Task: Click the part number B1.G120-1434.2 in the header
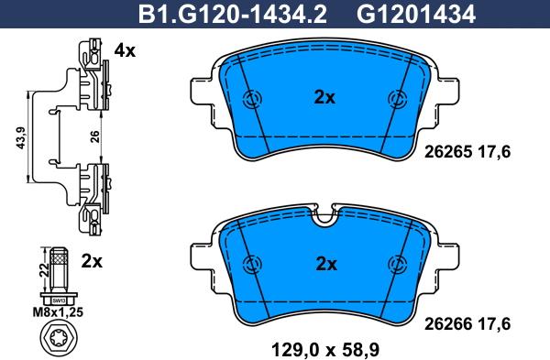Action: pyautogui.click(x=232, y=15)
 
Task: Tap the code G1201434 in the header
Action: pyautogui.click(x=416, y=15)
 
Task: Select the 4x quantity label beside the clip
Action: pyautogui.click(x=125, y=51)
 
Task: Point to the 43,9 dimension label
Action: pyautogui.click(x=21, y=137)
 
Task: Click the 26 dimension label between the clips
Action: pyautogui.click(x=94, y=136)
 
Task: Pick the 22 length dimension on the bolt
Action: pyautogui.click(x=43, y=270)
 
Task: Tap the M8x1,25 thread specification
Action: pyautogui.click(x=58, y=312)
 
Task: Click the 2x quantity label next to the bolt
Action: pyautogui.click(x=92, y=261)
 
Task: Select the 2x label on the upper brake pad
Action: pyautogui.click(x=324, y=98)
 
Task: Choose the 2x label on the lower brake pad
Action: pyautogui.click(x=325, y=264)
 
